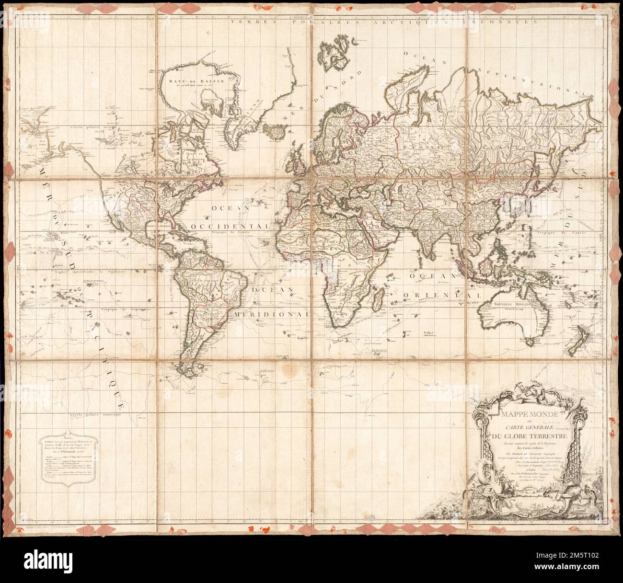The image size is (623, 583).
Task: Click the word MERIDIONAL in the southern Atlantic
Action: (272, 315)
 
